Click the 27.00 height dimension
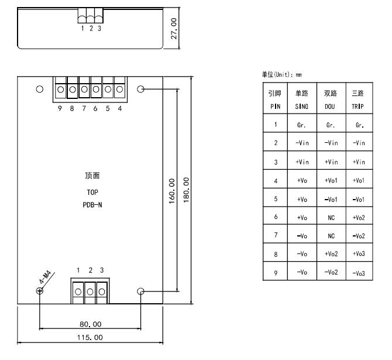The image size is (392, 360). [x=174, y=29]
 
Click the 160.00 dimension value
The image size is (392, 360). [x=172, y=191]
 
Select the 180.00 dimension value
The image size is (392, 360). [x=187, y=190]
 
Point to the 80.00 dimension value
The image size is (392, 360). [x=91, y=324]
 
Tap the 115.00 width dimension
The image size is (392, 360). [x=90, y=338]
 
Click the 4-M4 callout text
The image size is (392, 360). [x=45, y=277]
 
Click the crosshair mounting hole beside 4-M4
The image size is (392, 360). [x=40, y=291]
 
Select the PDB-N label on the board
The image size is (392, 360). [x=92, y=205]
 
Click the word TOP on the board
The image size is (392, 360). [x=92, y=192]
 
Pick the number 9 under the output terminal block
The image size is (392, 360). [x=60, y=108]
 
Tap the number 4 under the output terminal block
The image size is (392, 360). [x=120, y=108]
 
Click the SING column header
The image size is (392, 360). [x=302, y=107]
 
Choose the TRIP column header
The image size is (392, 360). [x=357, y=107]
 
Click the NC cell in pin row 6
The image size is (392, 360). [x=331, y=218]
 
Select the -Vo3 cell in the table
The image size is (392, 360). [x=359, y=273]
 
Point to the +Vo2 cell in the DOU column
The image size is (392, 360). [x=331, y=254]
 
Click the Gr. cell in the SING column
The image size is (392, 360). [x=301, y=125]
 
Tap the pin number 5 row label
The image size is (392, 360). [x=276, y=199]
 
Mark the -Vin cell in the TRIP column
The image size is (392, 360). [x=359, y=143]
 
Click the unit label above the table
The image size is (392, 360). [x=282, y=74]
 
